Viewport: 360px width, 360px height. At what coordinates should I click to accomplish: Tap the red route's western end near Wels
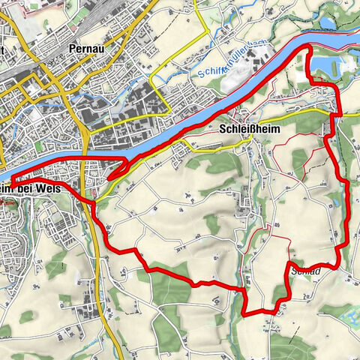(x=10, y=182)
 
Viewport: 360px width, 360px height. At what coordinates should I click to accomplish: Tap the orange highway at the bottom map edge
(x=121, y=355)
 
